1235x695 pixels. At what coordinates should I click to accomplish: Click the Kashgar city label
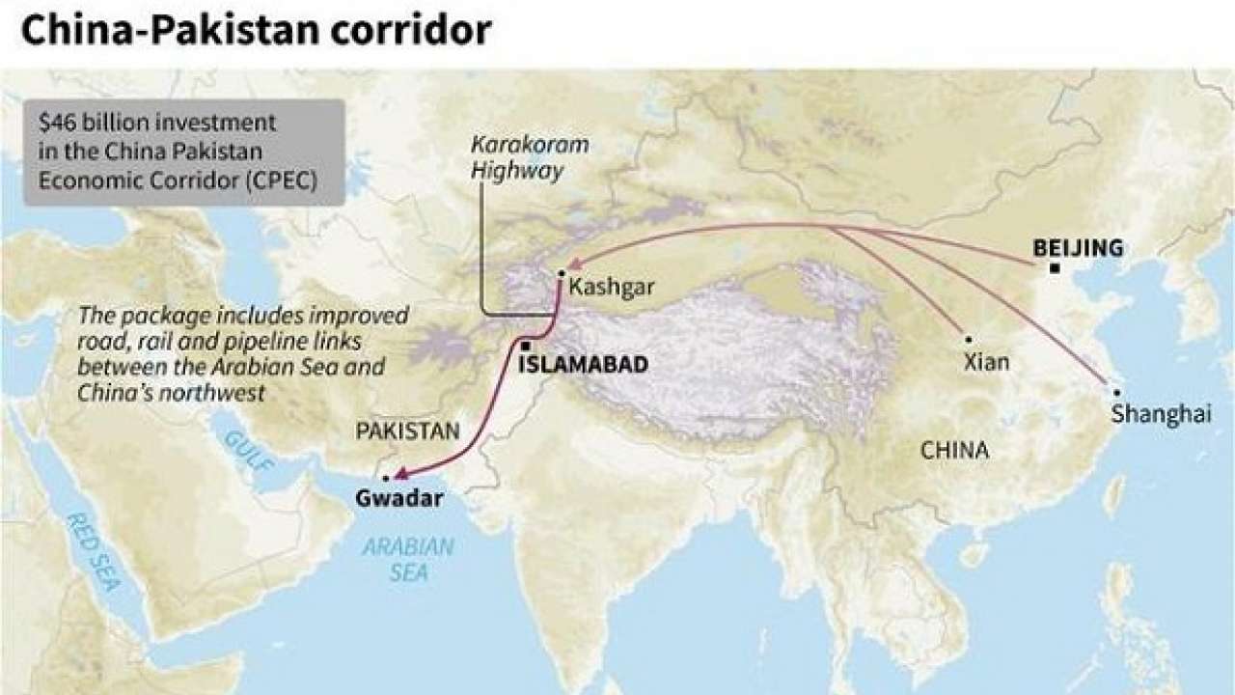click(613, 288)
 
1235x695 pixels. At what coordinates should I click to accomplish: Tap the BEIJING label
click(1078, 248)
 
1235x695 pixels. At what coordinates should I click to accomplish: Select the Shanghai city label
click(1161, 414)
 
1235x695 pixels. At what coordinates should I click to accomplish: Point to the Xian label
click(986, 362)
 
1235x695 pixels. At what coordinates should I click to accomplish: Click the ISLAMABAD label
click(582, 366)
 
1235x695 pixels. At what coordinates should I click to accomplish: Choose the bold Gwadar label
click(399, 499)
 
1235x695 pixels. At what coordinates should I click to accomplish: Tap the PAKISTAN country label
click(408, 431)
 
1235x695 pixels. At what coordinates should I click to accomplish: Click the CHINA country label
click(954, 450)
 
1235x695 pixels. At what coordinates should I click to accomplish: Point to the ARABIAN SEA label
click(408, 559)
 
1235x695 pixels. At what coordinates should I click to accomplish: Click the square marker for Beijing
click(1055, 267)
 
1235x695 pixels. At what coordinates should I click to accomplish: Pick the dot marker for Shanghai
click(1116, 393)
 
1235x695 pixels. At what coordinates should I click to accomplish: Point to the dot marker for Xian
click(968, 340)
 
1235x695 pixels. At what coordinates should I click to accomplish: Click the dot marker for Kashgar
click(561, 273)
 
